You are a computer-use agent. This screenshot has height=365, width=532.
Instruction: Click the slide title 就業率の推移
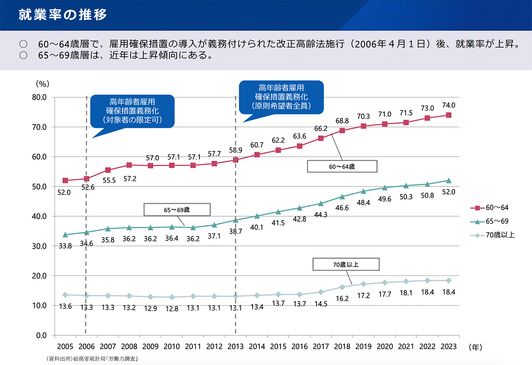pyautogui.click(x=63, y=15)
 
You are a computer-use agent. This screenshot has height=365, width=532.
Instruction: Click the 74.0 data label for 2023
pyautogui.click(x=449, y=105)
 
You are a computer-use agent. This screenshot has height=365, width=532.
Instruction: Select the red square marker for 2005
pyautogui.click(x=65, y=181)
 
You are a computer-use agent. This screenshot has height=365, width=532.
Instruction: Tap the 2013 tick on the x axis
pyautogui.click(x=235, y=347)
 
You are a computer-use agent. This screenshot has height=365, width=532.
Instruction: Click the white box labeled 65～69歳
pyautogui.click(x=176, y=209)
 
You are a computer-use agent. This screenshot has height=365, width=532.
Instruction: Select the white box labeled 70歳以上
pyautogui.click(x=346, y=264)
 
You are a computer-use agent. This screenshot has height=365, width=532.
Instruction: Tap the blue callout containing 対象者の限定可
pyautogui.click(x=133, y=111)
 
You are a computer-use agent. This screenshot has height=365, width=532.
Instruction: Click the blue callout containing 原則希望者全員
pyautogui.click(x=281, y=97)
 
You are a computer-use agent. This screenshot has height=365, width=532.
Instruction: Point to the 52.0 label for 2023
pyautogui.click(x=449, y=192)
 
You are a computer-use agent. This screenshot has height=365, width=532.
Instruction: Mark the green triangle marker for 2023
pyautogui.click(x=449, y=181)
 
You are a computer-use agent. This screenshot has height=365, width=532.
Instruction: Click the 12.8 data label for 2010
pyautogui.click(x=171, y=306)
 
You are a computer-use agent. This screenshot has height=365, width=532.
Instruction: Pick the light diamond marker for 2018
pyautogui.click(x=342, y=287)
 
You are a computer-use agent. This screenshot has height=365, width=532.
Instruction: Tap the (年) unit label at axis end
pyautogui.click(x=476, y=347)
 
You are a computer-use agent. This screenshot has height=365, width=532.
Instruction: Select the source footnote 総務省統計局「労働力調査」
pyautogui.click(x=93, y=359)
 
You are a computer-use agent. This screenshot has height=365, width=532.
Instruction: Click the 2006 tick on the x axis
pyautogui.click(x=86, y=347)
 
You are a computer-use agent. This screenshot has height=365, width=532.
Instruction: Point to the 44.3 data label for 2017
pyautogui.click(x=321, y=214)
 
